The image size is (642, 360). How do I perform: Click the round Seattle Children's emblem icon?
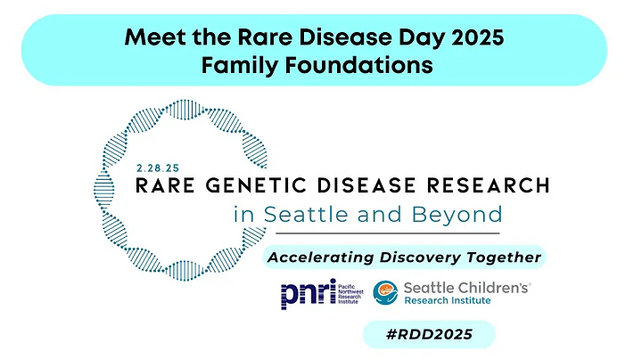[385, 293]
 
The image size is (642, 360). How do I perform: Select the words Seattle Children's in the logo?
[466, 287]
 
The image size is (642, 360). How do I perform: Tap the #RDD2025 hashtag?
[428, 334]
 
